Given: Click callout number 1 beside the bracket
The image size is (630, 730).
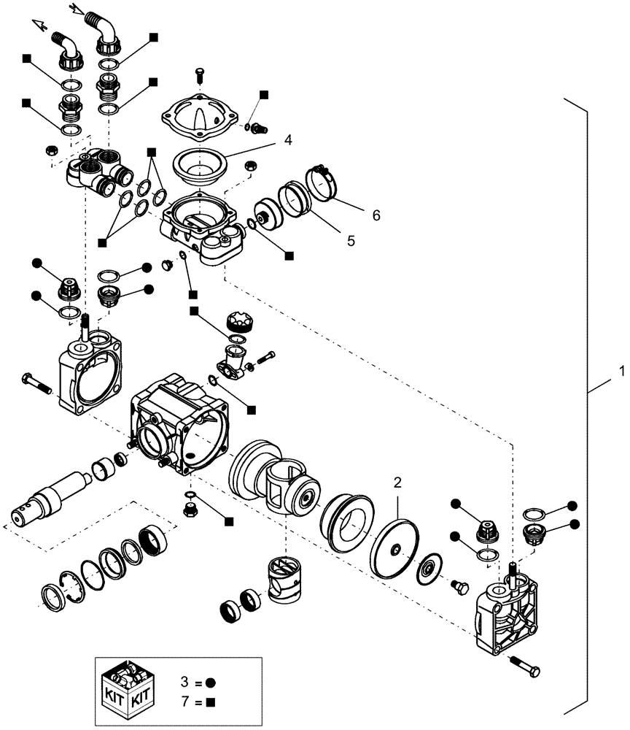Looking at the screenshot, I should pos(621,371).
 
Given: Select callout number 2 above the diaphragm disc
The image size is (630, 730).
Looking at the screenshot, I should pos(397,482).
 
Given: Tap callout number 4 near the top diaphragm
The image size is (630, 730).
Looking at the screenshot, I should pos(289,139).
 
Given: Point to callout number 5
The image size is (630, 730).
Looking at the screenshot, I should pos(351,240).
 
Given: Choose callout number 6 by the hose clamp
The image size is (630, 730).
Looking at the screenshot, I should pos(376,215).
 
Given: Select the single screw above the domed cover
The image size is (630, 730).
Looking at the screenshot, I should pos(201,75).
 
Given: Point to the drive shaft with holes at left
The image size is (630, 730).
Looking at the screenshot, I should pos(51,500).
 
